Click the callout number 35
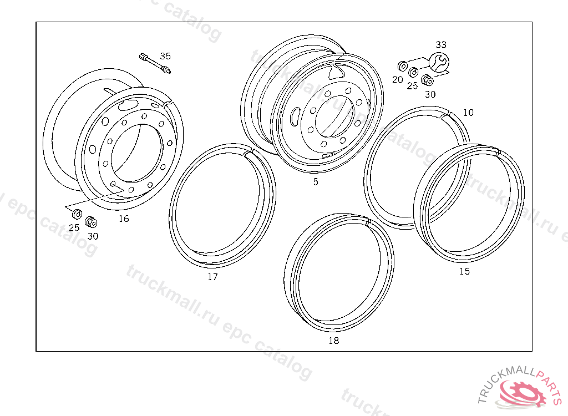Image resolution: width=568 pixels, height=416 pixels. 165,56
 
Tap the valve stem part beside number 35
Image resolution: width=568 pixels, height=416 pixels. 155,63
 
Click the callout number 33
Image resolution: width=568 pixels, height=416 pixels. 441,44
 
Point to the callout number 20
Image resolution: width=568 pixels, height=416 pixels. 397,79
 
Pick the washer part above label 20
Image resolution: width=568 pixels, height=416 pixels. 402,67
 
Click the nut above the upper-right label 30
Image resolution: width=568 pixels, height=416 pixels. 428,80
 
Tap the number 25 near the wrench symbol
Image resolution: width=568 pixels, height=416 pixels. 412,86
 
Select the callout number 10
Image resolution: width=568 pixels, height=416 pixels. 468,113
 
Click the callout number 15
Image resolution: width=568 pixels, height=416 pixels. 464,271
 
